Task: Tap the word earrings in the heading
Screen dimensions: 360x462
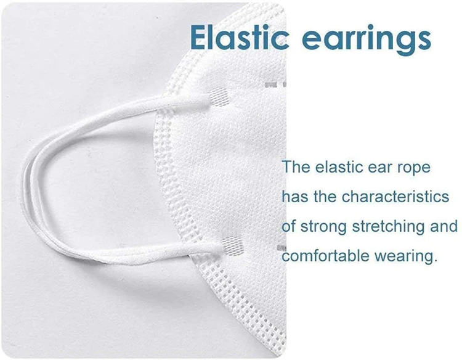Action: point(367,38)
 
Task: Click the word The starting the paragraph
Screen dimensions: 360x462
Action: point(297,167)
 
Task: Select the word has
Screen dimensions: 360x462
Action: point(293,197)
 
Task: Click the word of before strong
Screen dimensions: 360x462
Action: point(288,226)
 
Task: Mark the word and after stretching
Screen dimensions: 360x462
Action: point(444,226)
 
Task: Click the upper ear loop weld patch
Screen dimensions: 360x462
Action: point(218,95)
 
